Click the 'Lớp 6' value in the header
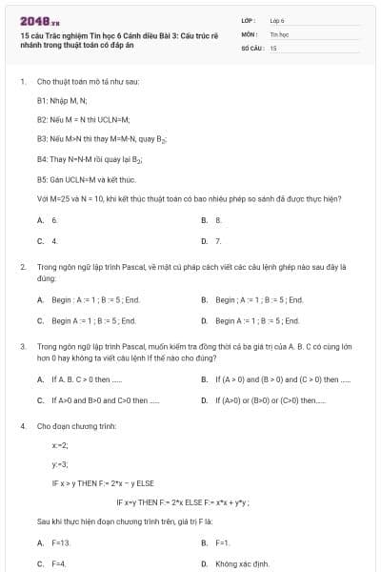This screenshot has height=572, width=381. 277,19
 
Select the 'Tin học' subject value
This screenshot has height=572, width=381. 278,33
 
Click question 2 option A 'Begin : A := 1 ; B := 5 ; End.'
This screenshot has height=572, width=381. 95,300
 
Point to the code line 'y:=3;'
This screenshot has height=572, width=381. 60,464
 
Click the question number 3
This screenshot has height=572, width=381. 23,348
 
